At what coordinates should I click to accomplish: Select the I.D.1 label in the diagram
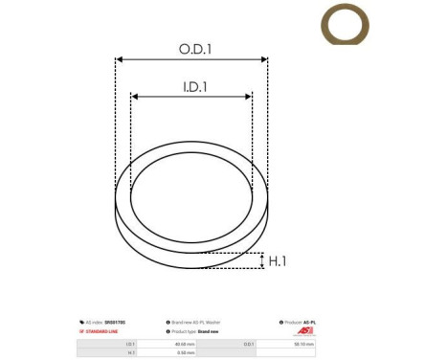click(x=195, y=86)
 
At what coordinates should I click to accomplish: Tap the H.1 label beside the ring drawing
click(x=279, y=260)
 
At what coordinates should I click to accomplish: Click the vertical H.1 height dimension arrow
click(x=260, y=260)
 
